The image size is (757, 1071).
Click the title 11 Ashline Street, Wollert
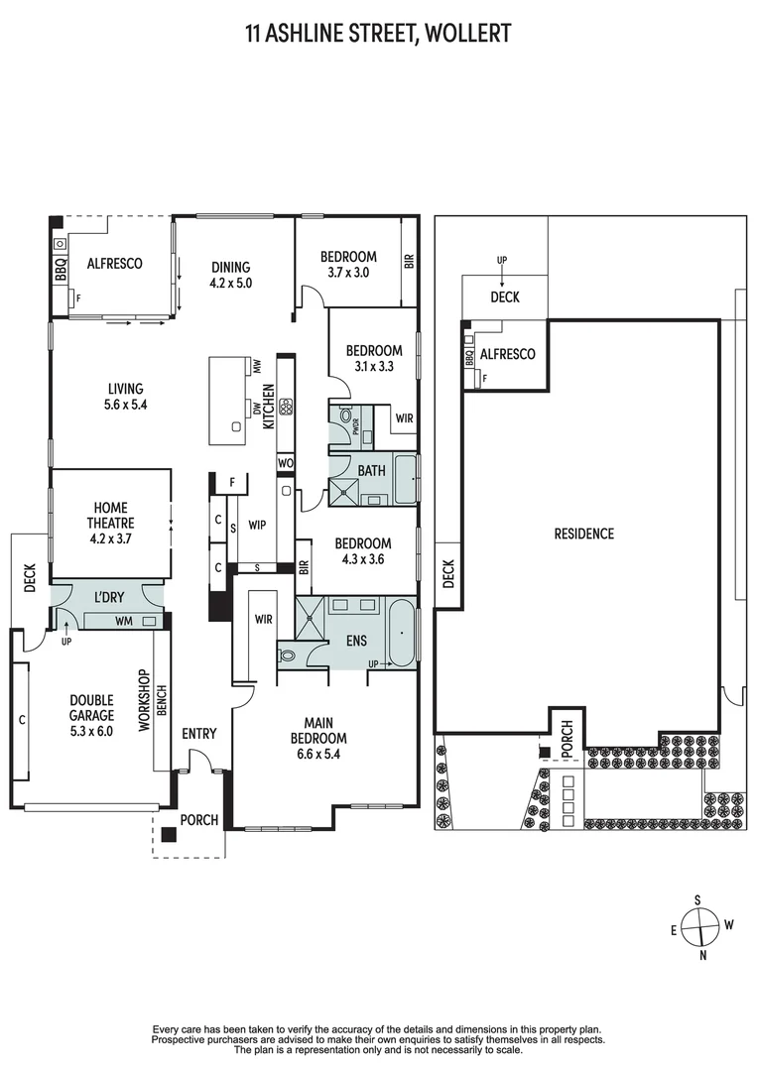coord(378,34)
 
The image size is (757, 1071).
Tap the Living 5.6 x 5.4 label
coord(125,397)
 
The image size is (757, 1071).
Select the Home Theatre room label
coord(112,524)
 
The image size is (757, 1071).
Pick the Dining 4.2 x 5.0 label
coord(231,274)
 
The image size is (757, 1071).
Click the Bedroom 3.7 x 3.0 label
coord(347,264)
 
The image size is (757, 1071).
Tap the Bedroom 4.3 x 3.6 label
coord(362,551)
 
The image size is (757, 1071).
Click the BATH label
coord(372,471)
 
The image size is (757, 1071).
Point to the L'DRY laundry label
coord(108,600)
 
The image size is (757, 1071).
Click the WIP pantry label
coord(255,523)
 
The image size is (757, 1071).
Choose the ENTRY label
coord(198,734)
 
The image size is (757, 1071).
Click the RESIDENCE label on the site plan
coord(583,534)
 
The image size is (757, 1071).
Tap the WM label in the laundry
coord(125,621)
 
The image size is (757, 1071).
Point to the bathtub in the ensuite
coord(402,631)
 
